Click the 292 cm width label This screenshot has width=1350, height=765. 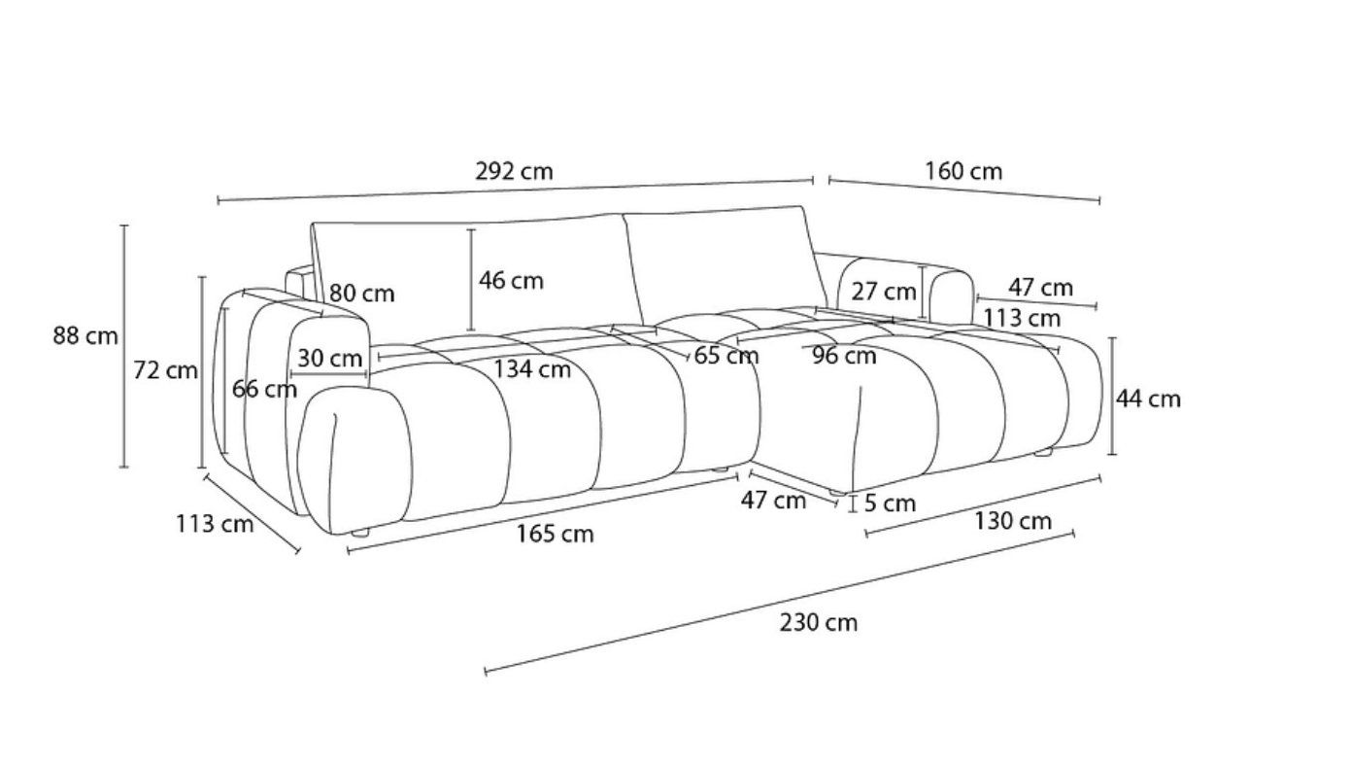[514, 171]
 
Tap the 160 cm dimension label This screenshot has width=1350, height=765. [963, 171]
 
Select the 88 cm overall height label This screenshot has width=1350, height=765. [85, 335]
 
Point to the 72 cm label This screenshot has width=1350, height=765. [165, 369]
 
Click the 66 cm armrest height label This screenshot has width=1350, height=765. [264, 389]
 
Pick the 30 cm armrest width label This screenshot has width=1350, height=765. [329, 359]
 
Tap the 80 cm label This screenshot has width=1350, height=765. [361, 294]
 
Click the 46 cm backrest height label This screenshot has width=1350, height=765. [511, 281]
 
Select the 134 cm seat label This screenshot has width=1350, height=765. [532, 368]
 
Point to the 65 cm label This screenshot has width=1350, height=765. [726, 356]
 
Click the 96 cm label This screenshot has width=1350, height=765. [844, 356]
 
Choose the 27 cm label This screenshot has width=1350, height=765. [884, 292]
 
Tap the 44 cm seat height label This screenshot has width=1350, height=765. [1148, 399]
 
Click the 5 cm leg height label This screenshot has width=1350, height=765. [891, 503]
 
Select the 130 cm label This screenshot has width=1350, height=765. [1013, 521]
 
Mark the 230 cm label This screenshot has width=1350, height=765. [819, 622]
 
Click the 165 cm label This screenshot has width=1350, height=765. [556, 534]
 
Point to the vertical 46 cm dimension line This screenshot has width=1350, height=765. [471, 280]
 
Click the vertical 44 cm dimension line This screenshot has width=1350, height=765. [1112, 396]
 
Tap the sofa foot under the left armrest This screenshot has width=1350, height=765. [360, 534]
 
